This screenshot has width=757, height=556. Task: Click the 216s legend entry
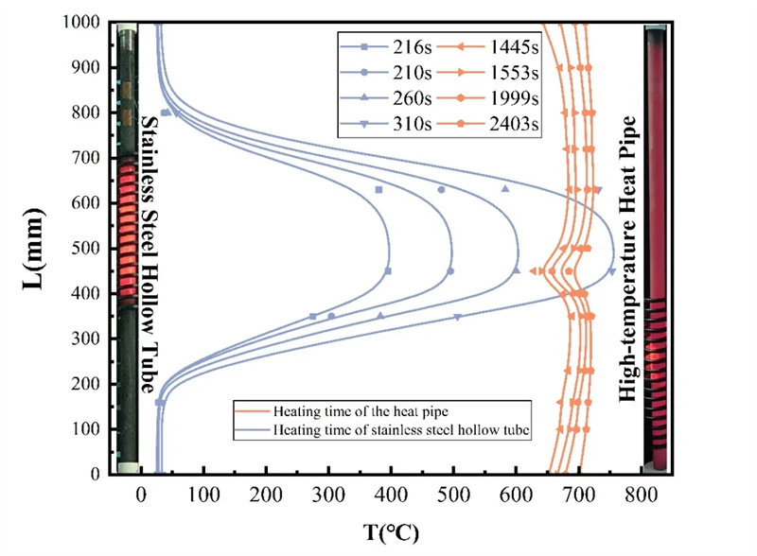click(x=386, y=47)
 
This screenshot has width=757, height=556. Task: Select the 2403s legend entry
click(x=487, y=124)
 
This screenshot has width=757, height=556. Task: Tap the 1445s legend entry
click(x=487, y=47)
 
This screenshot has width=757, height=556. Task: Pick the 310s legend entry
click(x=386, y=124)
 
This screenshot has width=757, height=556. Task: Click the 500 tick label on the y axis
click(x=86, y=248)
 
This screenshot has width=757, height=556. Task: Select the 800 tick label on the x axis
click(x=642, y=495)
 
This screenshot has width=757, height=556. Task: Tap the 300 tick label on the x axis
click(x=328, y=495)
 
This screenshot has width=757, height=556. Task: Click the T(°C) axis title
click(x=391, y=532)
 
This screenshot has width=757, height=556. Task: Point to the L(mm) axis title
click(x=33, y=249)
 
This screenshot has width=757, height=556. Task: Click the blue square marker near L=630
click(x=379, y=190)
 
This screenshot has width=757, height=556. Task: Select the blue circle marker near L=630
click(x=441, y=190)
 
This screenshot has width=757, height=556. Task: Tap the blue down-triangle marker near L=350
click(x=457, y=317)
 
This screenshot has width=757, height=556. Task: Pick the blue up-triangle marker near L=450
click(x=516, y=270)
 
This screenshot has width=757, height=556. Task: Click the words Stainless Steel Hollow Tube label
click(x=149, y=255)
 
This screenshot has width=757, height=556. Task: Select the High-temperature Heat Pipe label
click(x=627, y=259)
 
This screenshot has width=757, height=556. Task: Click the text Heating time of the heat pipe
click(x=361, y=411)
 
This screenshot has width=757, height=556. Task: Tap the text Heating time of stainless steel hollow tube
click(x=401, y=429)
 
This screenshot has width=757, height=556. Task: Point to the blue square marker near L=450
click(x=388, y=271)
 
